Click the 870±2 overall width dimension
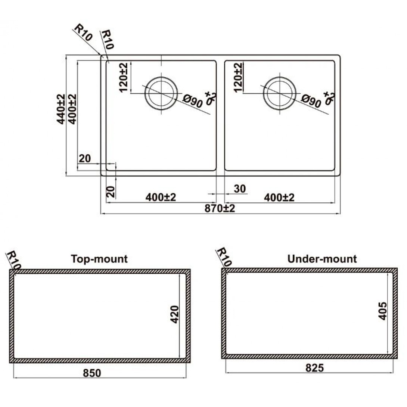(x=220, y=208)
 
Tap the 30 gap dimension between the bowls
(x=240, y=189)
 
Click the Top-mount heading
(x=99, y=259)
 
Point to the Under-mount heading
(x=322, y=259)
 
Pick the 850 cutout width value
(x=92, y=373)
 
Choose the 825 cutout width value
(x=315, y=368)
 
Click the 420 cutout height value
(x=175, y=314)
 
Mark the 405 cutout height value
(x=383, y=311)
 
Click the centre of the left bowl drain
(x=161, y=93)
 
